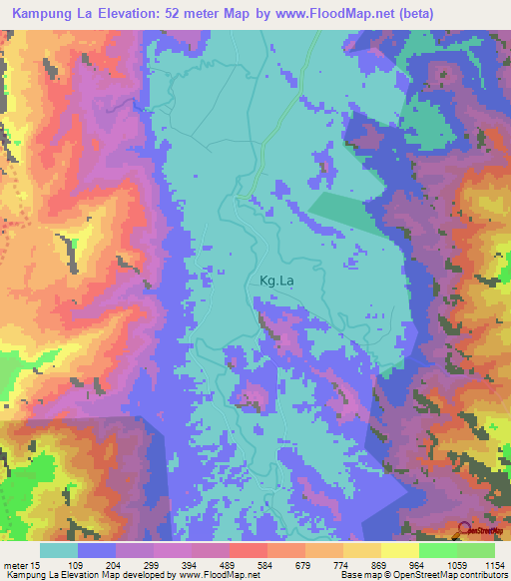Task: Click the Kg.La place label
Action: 276,282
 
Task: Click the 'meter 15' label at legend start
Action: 20,565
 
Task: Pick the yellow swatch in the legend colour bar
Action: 399,550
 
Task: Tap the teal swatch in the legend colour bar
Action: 59,550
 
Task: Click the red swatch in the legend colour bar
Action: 248,550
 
